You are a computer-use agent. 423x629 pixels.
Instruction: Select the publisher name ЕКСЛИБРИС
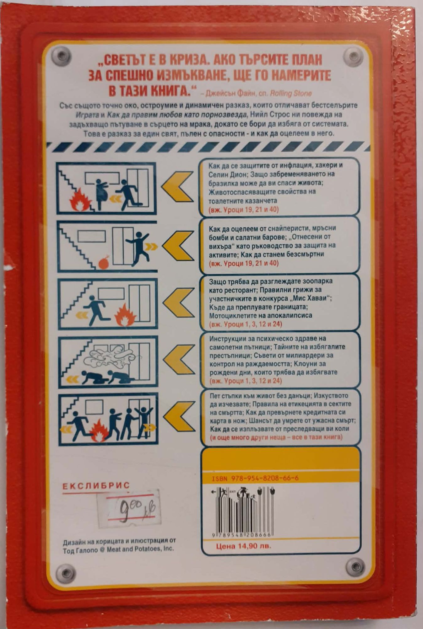96,486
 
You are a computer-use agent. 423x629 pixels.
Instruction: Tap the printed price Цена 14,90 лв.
243,546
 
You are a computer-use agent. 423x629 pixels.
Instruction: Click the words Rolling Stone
291,93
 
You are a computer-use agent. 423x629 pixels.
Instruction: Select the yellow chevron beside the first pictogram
177,187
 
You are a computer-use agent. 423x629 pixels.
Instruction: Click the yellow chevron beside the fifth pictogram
180,416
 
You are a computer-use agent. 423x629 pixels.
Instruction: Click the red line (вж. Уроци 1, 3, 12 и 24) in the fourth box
246,381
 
